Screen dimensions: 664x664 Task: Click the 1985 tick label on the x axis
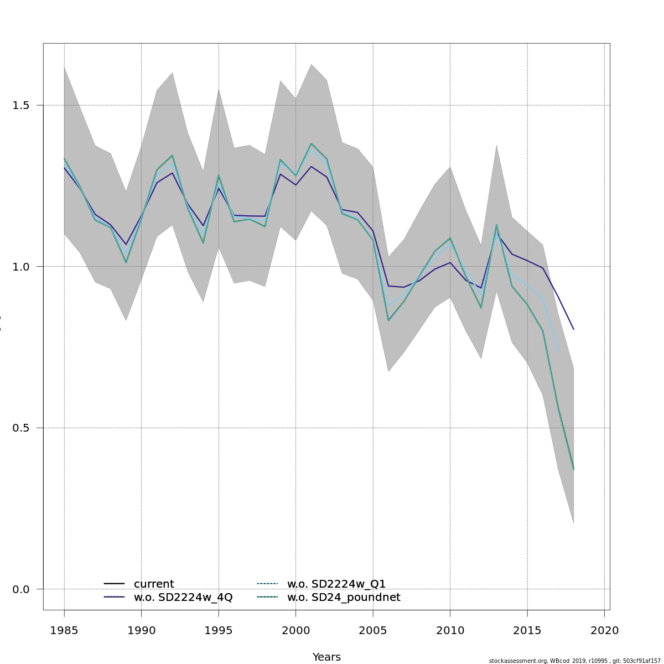pyautogui.click(x=64, y=630)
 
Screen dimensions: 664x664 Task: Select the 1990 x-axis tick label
pyautogui.click(x=141, y=630)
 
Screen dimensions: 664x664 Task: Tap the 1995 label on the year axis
pyautogui.click(x=219, y=630)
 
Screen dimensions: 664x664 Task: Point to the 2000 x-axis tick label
pyautogui.click(x=295, y=630)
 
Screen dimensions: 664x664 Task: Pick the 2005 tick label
pyautogui.click(x=373, y=630)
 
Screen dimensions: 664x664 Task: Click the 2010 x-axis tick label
pyautogui.click(x=450, y=630)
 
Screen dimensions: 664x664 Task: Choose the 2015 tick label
pyautogui.click(x=527, y=630)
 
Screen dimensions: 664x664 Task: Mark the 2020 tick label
pyautogui.click(x=604, y=630)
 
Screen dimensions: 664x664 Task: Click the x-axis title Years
pyautogui.click(x=326, y=657)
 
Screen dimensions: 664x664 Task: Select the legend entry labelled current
pyautogui.click(x=154, y=584)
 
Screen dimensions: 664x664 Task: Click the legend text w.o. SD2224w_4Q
pyautogui.click(x=183, y=597)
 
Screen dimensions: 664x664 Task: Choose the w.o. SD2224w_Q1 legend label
pyautogui.click(x=336, y=584)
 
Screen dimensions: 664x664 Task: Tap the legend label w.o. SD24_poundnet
pyautogui.click(x=343, y=597)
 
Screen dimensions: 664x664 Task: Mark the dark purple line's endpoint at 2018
pyautogui.click(x=574, y=330)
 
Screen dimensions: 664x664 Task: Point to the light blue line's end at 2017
pyautogui.click(x=558, y=352)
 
